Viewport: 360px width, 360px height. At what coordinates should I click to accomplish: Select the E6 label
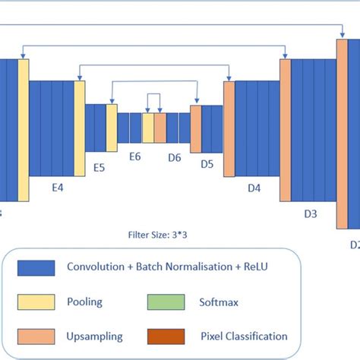tap(135, 156)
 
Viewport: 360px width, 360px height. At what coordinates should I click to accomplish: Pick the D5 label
tap(207, 163)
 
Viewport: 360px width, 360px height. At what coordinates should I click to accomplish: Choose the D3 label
tap(310, 213)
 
